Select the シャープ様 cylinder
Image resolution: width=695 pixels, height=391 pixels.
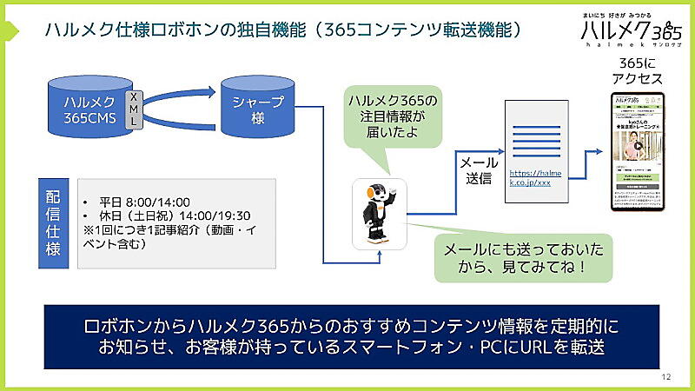click(257, 109)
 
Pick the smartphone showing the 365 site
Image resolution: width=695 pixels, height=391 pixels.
click(638, 152)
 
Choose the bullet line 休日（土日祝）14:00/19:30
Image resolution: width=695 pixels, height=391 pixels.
click(169, 215)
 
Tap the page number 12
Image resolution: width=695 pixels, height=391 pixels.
click(666, 376)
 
